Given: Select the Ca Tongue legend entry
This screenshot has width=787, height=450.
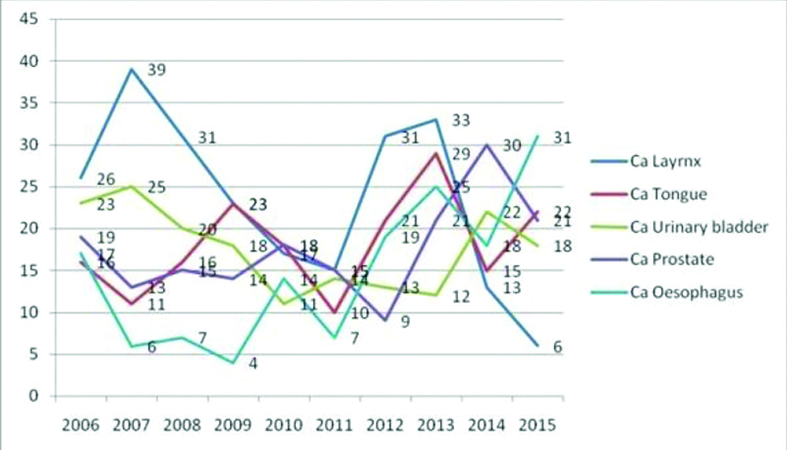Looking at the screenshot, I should coord(669,194).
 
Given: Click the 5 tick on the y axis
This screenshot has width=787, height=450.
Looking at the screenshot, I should coord(32,354).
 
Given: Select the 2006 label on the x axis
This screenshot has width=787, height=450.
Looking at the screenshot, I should coord(80,425).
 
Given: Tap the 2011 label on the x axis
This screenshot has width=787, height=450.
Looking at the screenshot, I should coord(335,425).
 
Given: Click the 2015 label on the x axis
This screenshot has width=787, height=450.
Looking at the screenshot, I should coord(538,425).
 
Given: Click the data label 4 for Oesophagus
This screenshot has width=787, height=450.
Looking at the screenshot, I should coord(254,363).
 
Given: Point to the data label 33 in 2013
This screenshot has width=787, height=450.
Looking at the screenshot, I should coord(461,120).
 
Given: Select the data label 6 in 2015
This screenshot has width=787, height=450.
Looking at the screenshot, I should coord(559,346).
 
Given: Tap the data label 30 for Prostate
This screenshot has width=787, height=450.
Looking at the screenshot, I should coord(512,146).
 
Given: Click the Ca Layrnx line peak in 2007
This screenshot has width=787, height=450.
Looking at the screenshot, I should coord(131,68).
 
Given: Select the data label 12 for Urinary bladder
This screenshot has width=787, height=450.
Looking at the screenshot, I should coord(461,297).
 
